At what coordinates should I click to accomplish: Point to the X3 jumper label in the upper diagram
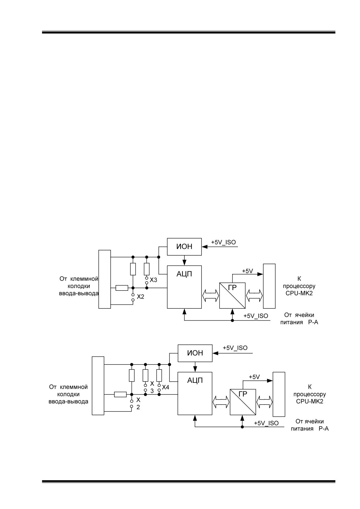pos(153,280)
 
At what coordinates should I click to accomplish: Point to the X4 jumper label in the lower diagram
pos(165,387)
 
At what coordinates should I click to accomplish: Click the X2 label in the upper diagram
pos(141,297)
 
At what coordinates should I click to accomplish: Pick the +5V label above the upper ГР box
pos(247,271)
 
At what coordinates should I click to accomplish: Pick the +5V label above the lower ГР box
pos(254,377)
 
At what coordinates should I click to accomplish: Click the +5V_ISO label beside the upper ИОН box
pos(223,242)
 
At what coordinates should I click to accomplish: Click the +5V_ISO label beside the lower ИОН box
pos(235,348)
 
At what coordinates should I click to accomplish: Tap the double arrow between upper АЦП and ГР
pos(210,295)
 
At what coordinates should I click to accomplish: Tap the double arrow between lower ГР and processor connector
pos(264,402)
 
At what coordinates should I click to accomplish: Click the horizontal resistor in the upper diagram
pos(122,288)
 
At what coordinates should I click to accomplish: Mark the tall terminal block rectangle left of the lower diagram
pos(98,386)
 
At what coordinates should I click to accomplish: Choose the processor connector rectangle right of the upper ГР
pos(269,286)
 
